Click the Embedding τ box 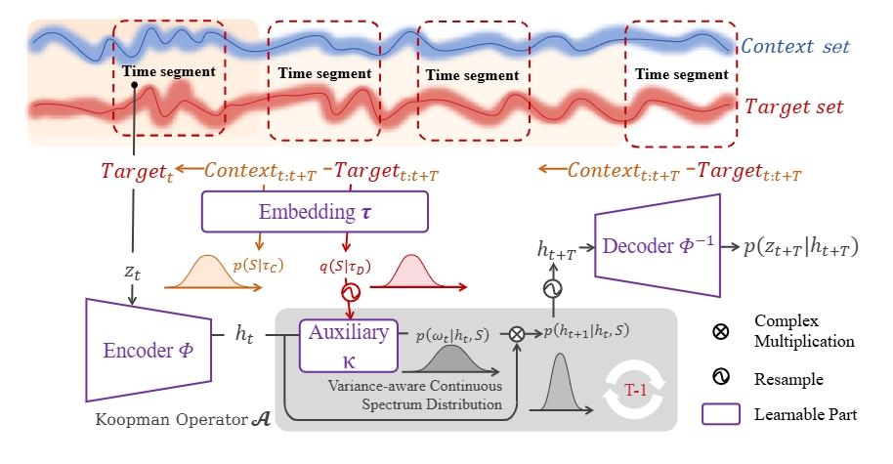point(315,211)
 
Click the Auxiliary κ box point(350,344)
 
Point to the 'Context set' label point(795,46)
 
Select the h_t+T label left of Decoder point(555,251)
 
